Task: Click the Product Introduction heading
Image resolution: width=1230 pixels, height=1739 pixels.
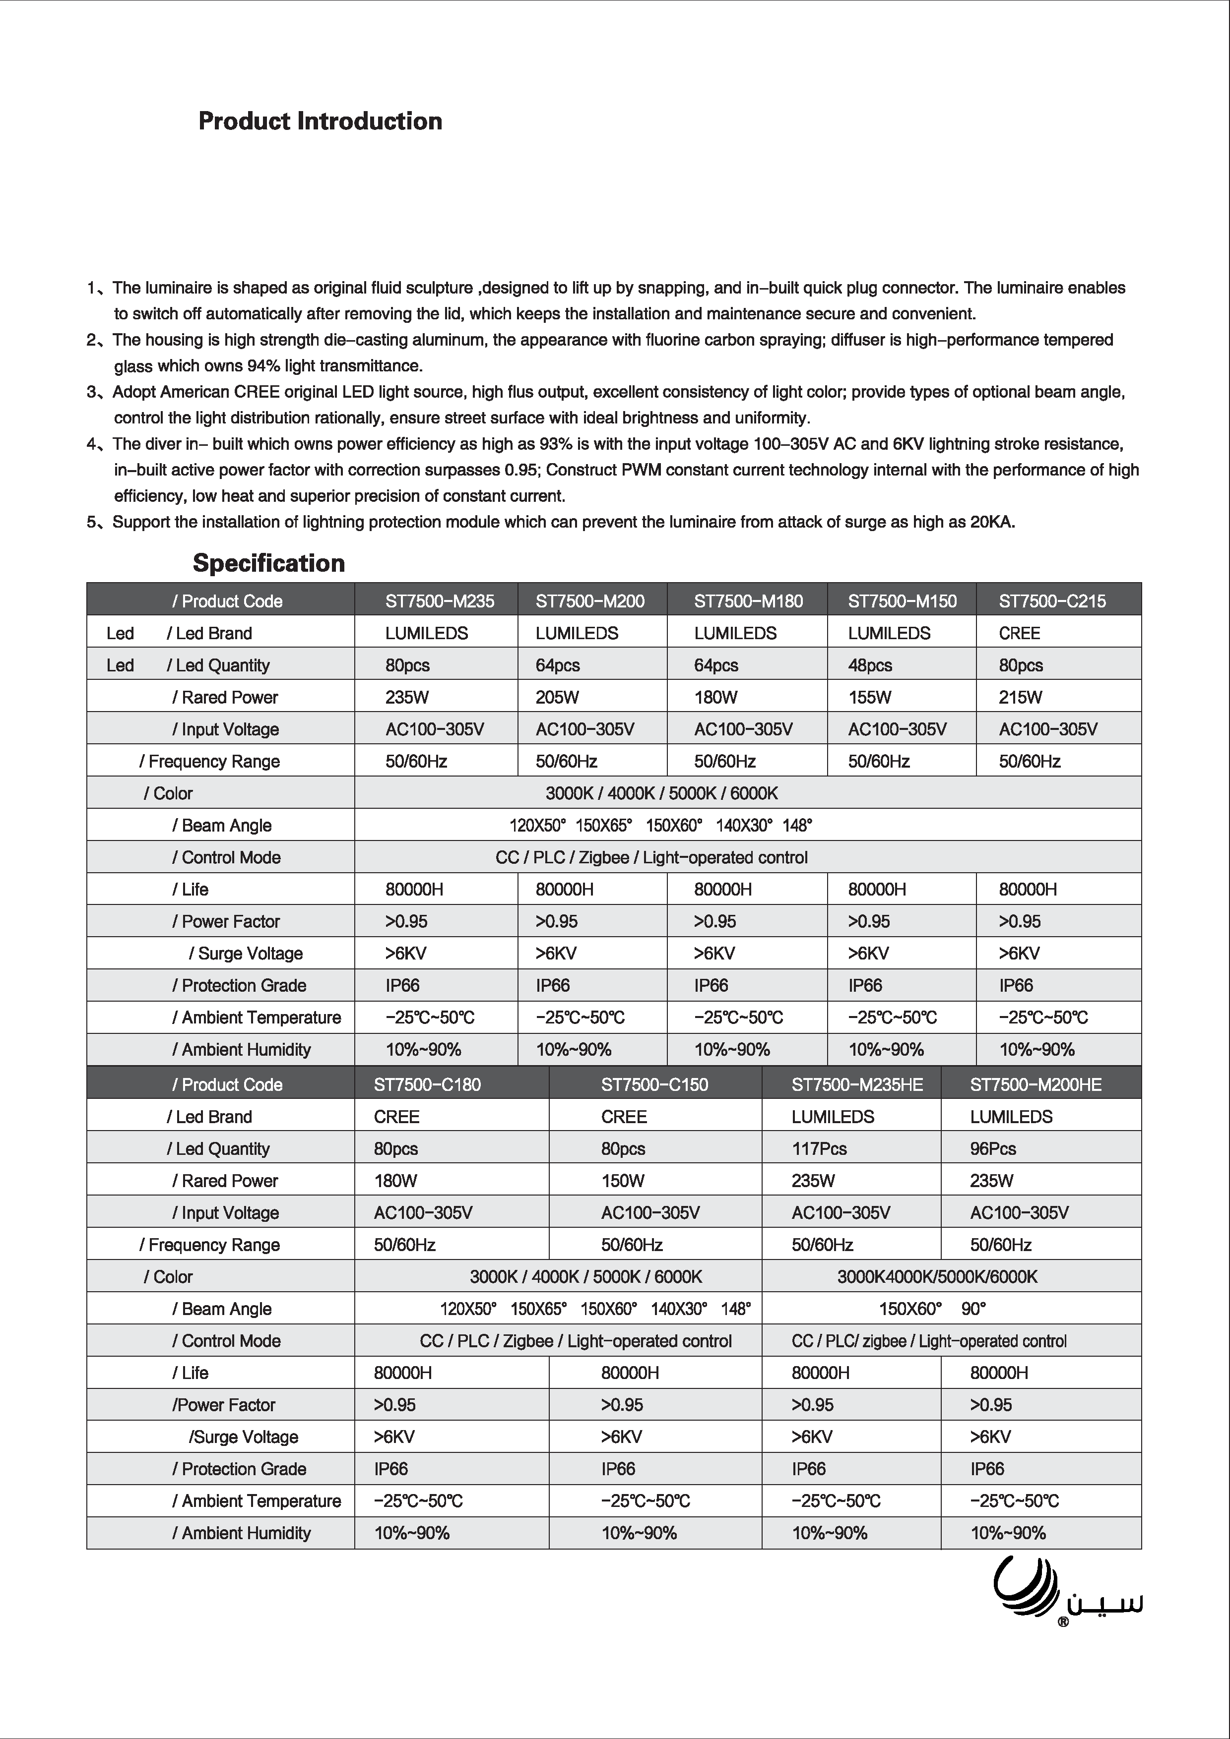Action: (x=320, y=121)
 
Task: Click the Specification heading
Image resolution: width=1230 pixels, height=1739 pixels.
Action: (x=268, y=563)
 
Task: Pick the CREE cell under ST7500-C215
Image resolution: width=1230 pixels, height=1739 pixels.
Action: (x=1019, y=633)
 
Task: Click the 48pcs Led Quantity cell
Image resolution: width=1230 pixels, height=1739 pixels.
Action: (x=870, y=665)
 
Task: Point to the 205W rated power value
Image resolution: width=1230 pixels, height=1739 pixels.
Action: (x=557, y=697)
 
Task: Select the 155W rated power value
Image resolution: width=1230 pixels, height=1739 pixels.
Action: (x=869, y=697)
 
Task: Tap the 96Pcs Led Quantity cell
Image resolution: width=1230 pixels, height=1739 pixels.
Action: (x=993, y=1148)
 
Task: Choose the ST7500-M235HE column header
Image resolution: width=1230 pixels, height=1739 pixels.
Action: (x=857, y=1084)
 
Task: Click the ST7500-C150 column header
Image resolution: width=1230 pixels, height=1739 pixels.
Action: (x=655, y=1084)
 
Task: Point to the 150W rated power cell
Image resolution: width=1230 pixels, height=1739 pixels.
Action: (x=622, y=1180)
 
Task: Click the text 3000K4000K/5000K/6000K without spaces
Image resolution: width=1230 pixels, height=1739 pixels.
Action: (x=937, y=1276)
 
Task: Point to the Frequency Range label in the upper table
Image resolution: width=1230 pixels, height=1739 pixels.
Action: (x=210, y=761)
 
